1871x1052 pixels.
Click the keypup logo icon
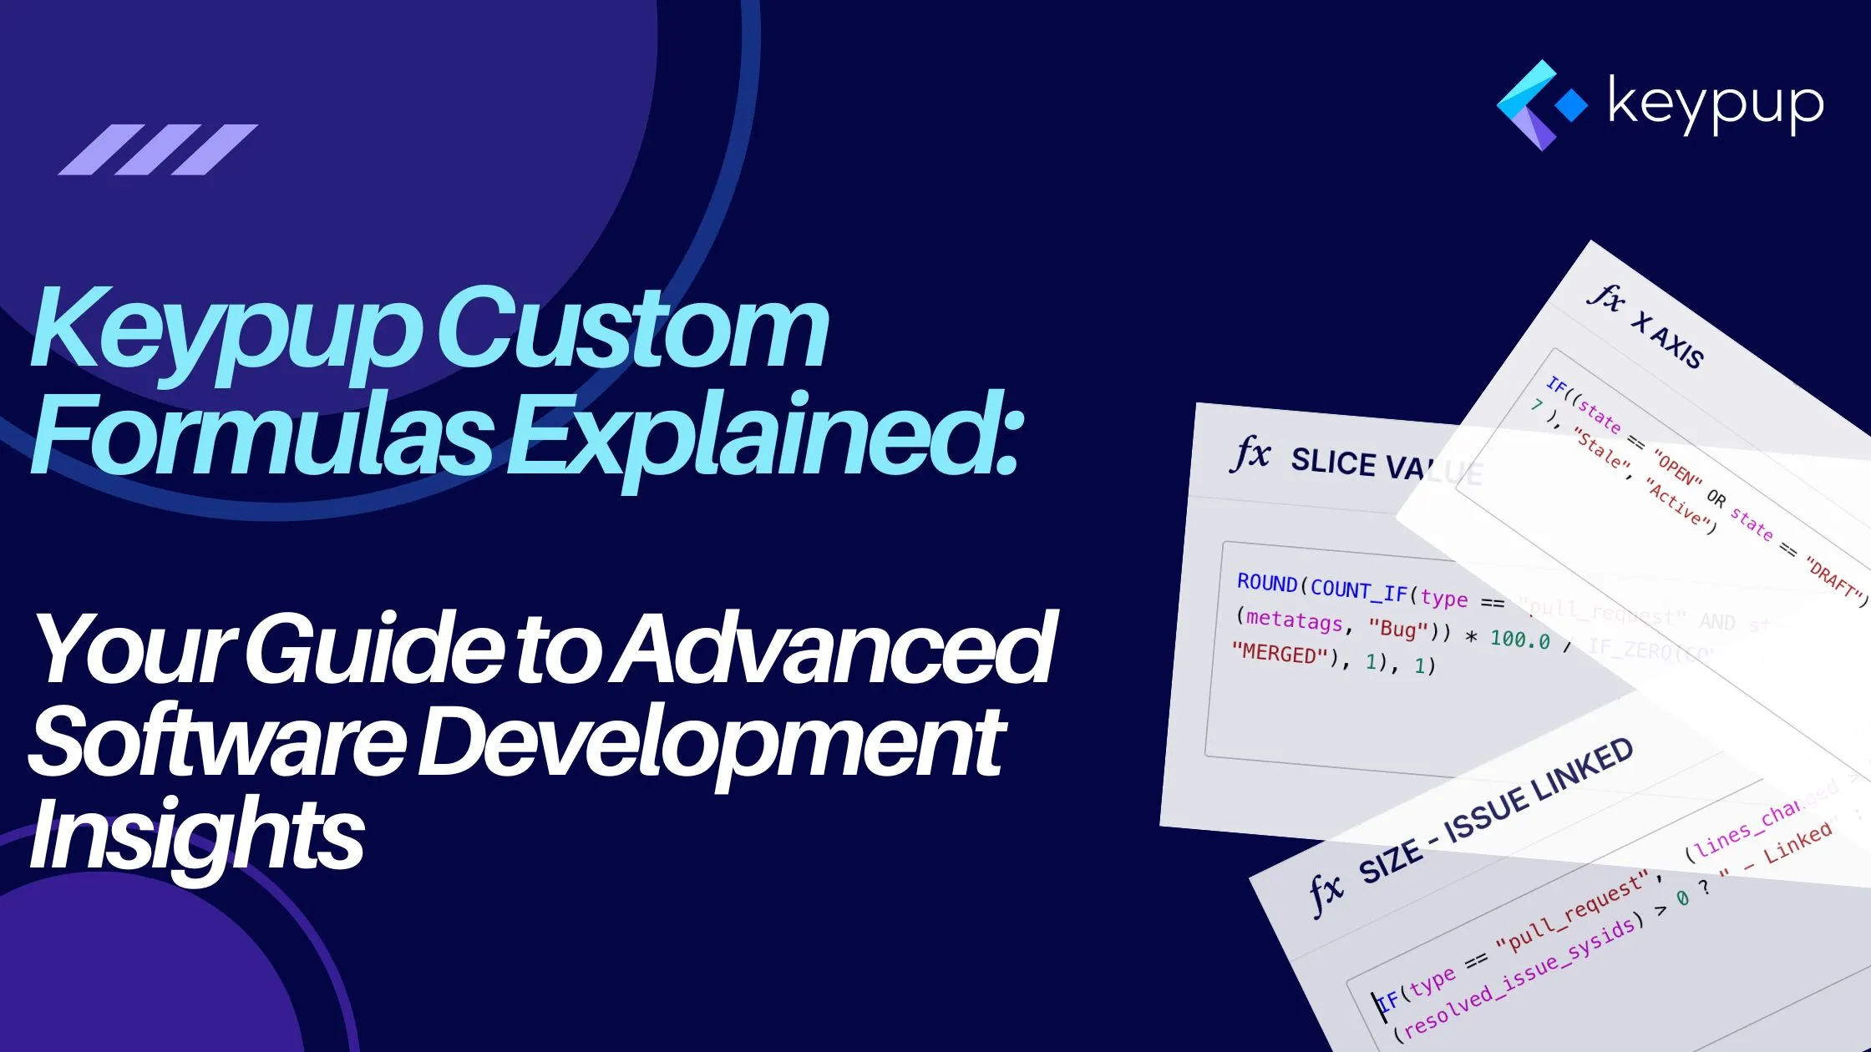[x=1539, y=104]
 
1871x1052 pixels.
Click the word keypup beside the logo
[x=1715, y=105]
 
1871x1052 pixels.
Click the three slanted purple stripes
[x=158, y=149]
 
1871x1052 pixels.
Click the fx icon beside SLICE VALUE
[x=1250, y=455]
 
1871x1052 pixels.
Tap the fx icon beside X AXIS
[x=1605, y=296]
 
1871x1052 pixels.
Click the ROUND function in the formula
[x=1267, y=583]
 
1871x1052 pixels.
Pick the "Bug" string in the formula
[x=1397, y=628]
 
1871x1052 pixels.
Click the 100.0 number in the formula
[x=1520, y=640]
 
